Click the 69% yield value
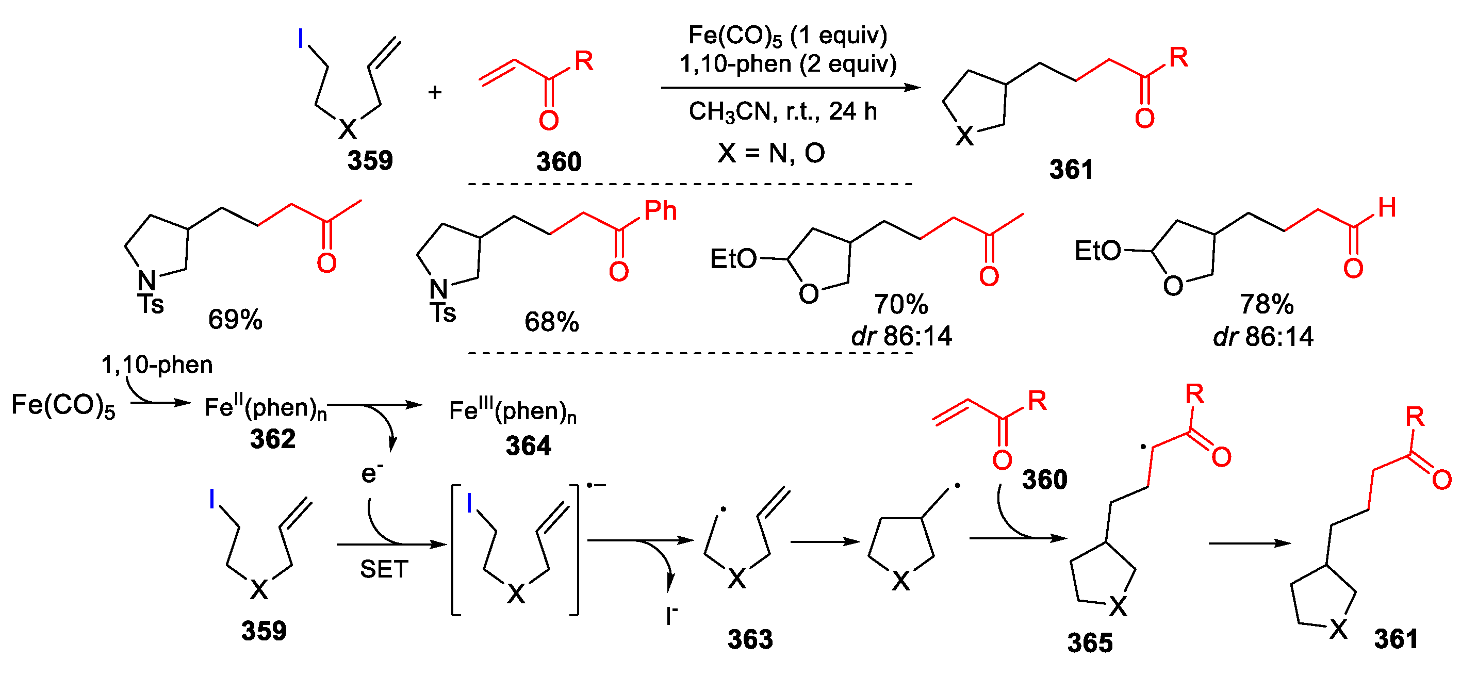pos(235,319)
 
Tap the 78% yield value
pos(1266,304)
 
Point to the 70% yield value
pos(900,304)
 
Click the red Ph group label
pos(660,211)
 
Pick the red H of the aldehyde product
pos(1386,208)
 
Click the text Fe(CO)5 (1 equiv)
pos(787,36)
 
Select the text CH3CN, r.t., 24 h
pos(783,111)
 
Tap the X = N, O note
pos(770,153)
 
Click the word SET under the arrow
pos(384,569)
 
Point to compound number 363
pos(750,639)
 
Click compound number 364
pos(528,446)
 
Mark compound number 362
pos(272,439)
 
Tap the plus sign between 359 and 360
pos(435,92)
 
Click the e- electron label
pos(371,473)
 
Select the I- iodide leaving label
pos(671,616)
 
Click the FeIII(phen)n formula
pos(513,410)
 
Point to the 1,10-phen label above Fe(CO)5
pos(157,365)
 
